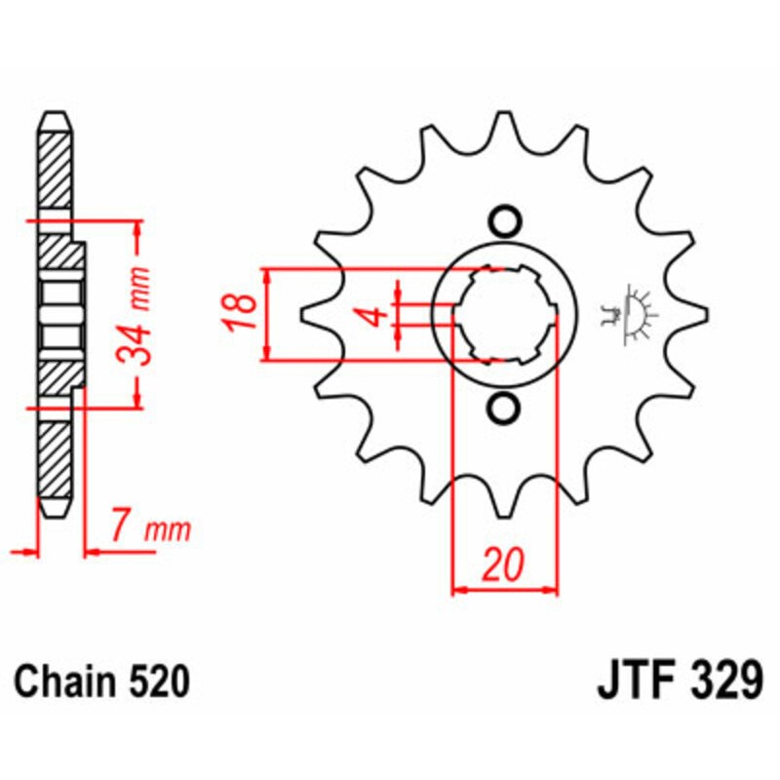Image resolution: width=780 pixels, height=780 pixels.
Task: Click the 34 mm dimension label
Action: point(141,315)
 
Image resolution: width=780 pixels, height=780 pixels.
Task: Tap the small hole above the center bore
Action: point(504,221)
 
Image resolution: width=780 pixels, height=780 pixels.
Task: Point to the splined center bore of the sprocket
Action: point(504,314)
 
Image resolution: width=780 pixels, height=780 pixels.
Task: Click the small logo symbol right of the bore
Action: point(631,314)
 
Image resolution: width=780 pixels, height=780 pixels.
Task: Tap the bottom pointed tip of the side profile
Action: point(55,511)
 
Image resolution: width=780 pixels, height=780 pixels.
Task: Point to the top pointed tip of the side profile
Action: point(55,117)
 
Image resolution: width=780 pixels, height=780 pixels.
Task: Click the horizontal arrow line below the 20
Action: point(505,589)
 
